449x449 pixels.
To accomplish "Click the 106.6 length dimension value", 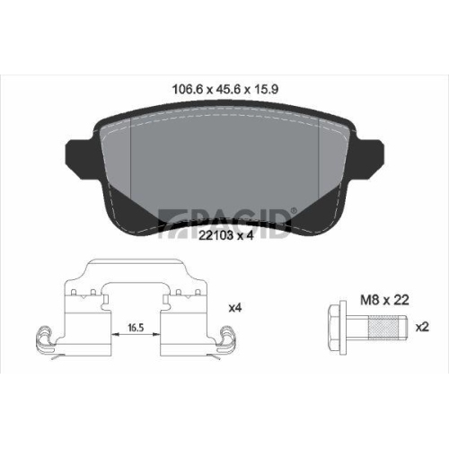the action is coord(188,89).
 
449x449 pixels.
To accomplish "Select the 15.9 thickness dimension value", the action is coord(266,89).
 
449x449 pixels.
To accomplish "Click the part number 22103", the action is coord(216,235).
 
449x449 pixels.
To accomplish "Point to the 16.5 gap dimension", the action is coord(136,328).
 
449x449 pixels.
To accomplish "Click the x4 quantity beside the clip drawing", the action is coord(235,308).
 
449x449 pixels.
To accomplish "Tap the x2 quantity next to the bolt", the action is coord(422,327).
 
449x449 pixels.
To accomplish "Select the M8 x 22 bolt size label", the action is coord(384,300).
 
